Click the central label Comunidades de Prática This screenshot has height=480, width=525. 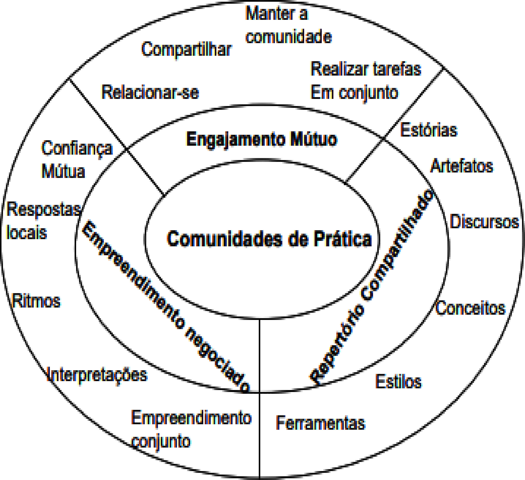[269, 239]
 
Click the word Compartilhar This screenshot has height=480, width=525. [186, 49]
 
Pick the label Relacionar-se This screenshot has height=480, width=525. [150, 92]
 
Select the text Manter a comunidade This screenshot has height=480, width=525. [289, 25]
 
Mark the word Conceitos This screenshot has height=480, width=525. [471, 308]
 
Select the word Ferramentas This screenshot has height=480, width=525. [321, 423]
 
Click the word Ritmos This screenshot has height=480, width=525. [36, 301]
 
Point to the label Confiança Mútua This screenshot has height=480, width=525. [77, 159]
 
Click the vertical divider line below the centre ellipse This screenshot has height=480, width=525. [260, 399]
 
